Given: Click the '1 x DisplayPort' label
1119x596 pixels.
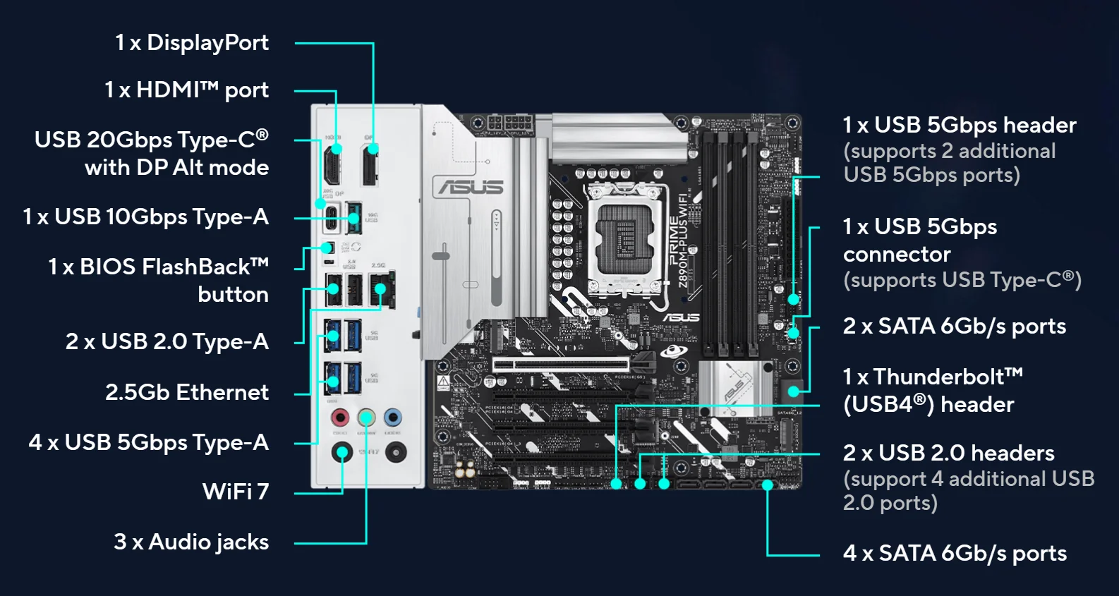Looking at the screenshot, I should click(x=192, y=43).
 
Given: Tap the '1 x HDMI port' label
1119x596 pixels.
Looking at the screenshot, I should click(x=186, y=90).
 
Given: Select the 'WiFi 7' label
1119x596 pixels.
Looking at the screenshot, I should click(x=236, y=492).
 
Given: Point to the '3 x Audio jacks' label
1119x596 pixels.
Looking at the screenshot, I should click(x=191, y=542).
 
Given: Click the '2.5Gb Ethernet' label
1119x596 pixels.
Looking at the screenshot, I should click(x=187, y=392).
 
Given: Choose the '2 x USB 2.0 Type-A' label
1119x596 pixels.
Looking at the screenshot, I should click(x=167, y=341).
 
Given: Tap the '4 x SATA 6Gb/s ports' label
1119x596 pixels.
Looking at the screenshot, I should click(x=955, y=554).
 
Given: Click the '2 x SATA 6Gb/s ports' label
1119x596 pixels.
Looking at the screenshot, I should click(x=954, y=327).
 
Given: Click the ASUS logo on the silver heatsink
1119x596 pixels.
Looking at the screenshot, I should click(x=471, y=187).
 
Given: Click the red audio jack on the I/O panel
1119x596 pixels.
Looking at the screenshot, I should click(x=340, y=417).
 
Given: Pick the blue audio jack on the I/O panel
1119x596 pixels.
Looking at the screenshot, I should click(x=393, y=417).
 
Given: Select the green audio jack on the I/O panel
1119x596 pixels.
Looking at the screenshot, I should click(x=366, y=417).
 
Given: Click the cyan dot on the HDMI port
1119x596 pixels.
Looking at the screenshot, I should click(x=337, y=149).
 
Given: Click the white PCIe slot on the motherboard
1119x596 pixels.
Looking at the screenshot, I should click(x=560, y=365).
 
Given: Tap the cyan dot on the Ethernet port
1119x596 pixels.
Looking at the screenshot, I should click(x=381, y=288).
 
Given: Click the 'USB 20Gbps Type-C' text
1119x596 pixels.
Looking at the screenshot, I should click(x=152, y=140).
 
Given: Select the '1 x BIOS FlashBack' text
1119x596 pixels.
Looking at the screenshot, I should click(x=158, y=267).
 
